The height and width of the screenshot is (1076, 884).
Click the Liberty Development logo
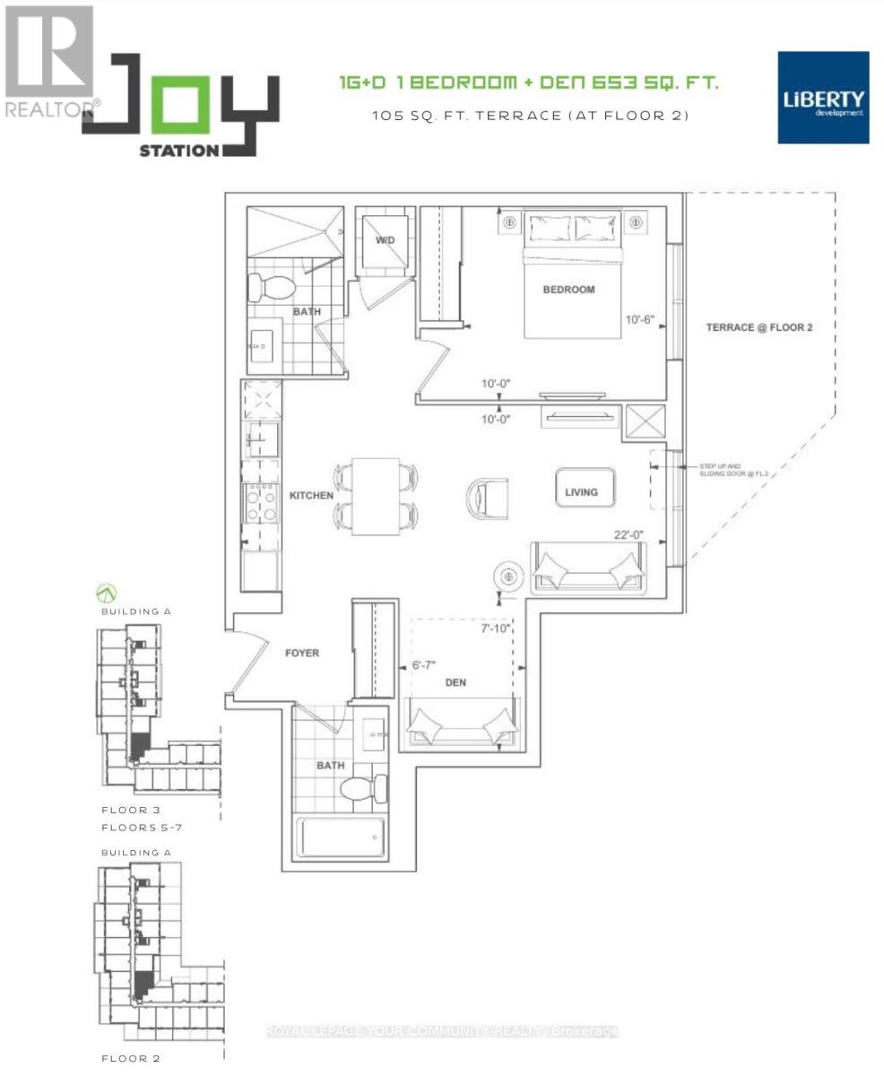(x=823, y=98)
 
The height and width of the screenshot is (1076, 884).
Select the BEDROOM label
(x=568, y=290)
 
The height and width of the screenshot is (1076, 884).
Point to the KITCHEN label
(x=311, y=495)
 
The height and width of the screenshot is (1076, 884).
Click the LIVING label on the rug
(x=581, y=491)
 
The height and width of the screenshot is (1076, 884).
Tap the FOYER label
(x=302, y=653)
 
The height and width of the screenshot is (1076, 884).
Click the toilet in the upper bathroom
(x=273, y=287)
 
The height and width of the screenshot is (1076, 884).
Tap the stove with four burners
(x=261, y=503)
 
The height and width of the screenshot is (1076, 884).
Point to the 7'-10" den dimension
(x=495, y=629)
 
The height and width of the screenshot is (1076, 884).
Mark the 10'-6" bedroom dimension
(x=643, y=319)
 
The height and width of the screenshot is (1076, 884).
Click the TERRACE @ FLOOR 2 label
(x=758, y=327)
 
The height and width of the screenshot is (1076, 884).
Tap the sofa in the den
(x=464, y=725)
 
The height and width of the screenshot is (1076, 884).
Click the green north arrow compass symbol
(x=108, y=593)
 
